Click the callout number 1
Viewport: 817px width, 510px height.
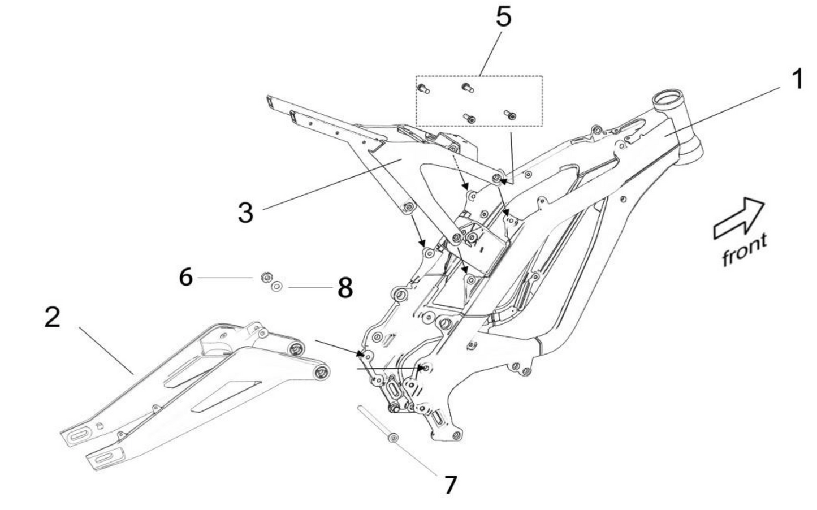tap(797, 80)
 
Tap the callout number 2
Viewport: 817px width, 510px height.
tap(52, 317)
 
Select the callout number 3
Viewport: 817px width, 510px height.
tap(245, 213)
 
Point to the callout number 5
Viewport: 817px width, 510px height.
tap(503, 16)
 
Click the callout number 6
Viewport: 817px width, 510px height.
tap(185, 278)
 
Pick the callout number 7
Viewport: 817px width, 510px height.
tap(450, 485)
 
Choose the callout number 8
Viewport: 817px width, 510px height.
tap(345, 288)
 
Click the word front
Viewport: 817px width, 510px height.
tap(745, 249)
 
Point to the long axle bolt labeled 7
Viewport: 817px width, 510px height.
tap(376, 423)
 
